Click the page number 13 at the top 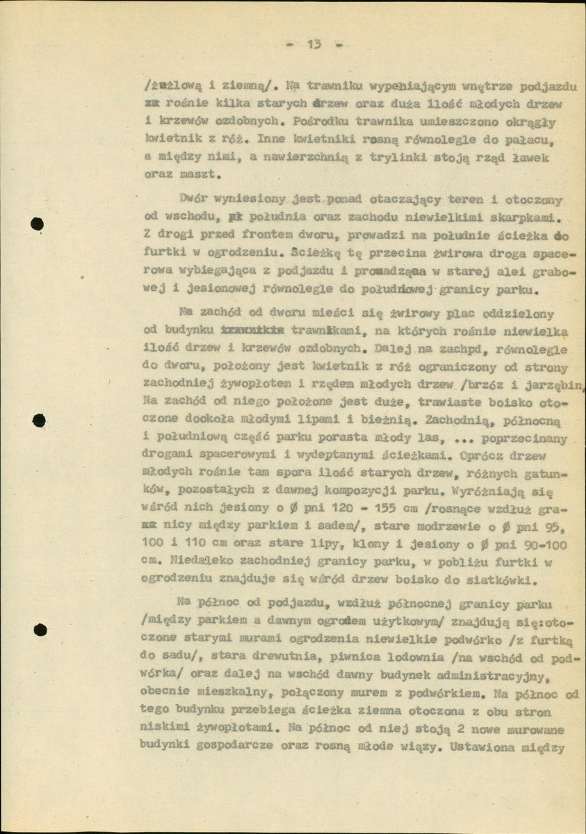click(x=313, y=45)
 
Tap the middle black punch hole click(x=39, y=420)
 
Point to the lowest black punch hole click(x=40, y=630)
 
